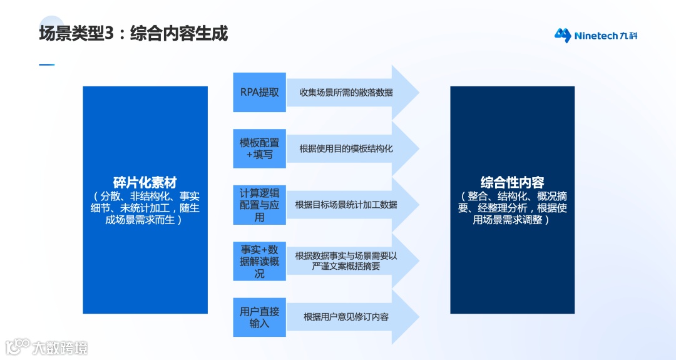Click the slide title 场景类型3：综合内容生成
(133, 33)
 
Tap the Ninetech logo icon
(563, 35)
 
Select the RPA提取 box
(260, 92)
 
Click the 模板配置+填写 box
(260, 148)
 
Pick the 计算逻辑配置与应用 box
(260, 205)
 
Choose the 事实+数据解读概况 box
(260, 261)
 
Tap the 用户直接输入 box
(260, 317)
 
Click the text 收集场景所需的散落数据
(346, 93)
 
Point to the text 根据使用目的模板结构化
(346, 148)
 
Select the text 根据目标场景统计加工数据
(346, 205)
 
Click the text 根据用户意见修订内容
(346, 317)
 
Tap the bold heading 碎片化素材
(145, 183)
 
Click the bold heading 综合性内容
(512, 183)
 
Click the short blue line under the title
(47, 64)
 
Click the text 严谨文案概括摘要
(346, 267)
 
